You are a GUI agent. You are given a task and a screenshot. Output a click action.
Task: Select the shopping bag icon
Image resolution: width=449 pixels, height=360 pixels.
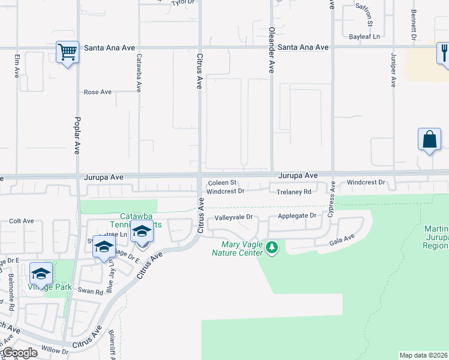(429, 139)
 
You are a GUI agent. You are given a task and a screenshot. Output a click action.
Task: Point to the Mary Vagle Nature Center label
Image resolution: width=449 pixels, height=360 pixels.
(241, 248)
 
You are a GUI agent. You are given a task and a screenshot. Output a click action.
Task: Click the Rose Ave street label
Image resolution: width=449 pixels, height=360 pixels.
(97, 92)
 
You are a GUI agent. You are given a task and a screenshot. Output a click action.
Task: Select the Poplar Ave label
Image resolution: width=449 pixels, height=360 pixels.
(77, 133)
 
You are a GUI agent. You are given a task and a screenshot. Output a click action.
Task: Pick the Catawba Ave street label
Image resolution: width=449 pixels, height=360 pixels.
(139, 73)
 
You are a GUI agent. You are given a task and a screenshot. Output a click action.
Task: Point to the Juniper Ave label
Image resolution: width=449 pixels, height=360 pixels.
(394, 70)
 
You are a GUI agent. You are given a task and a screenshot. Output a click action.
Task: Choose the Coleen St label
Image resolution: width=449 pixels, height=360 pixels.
(223, 183)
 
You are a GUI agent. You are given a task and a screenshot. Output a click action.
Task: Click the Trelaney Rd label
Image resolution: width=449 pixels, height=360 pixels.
(294, 192)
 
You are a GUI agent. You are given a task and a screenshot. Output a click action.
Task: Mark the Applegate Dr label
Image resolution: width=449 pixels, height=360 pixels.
(297, 215)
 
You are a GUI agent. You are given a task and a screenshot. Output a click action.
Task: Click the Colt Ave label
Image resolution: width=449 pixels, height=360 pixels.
(22, 221)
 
